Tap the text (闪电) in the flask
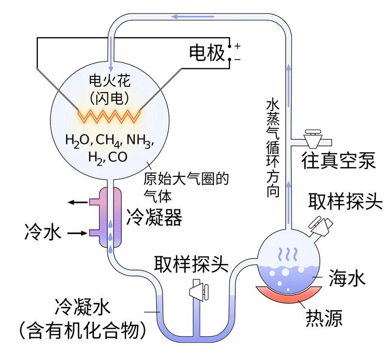tap(110, 98)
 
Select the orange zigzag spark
tap(110, 116)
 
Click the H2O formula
tap(78, 141)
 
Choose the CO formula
tap(119, 157)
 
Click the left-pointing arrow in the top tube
tap(194, 17)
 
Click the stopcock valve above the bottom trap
tap(199, 291)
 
